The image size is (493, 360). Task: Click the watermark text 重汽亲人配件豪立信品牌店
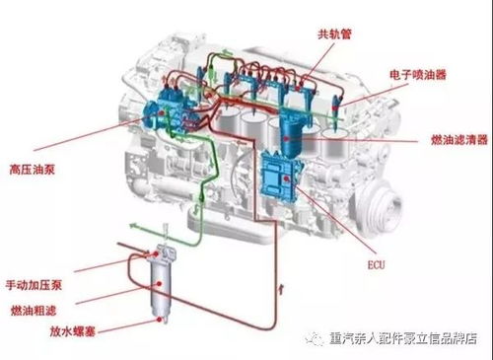pos(404,338)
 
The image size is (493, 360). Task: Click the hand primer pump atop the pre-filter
pos(158,252)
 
